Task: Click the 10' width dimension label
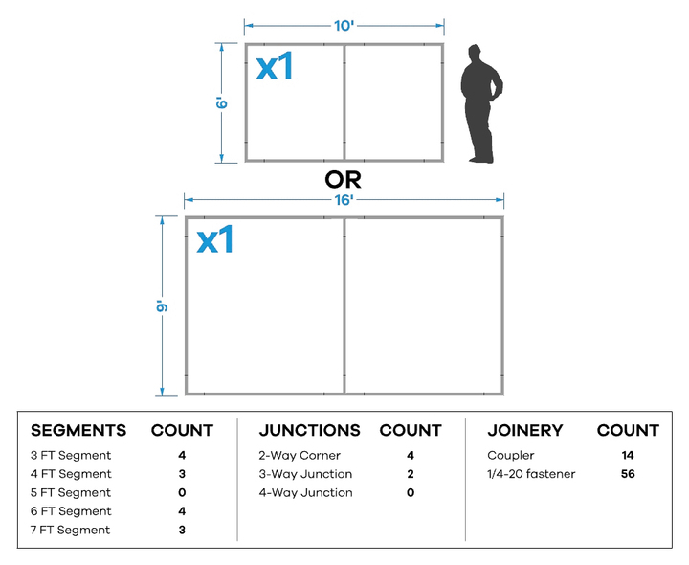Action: click(344, 26)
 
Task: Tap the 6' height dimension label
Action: click(222, 102)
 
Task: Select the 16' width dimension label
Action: click(344, 200)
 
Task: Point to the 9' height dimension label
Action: click(162, 306)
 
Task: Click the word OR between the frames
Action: click(344, 179)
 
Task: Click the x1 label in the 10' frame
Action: click(275, 66)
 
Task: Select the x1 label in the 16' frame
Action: click(215, 239)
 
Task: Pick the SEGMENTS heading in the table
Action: click(78, 431)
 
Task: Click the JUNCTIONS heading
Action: click(310, 431)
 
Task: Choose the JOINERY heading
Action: click(525, 431)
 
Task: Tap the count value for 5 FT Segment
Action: click(182, 493)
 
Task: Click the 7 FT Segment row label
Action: click(70, 530)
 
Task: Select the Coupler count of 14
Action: click(628, 456)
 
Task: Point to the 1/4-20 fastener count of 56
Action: click(628, 474)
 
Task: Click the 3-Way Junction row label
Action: click(305, 474)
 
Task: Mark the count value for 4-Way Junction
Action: click(411, 493)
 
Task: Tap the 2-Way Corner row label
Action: click(300, 456)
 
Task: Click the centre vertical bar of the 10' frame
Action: click(344, 102)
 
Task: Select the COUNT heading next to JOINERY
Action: click(628, 431)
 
